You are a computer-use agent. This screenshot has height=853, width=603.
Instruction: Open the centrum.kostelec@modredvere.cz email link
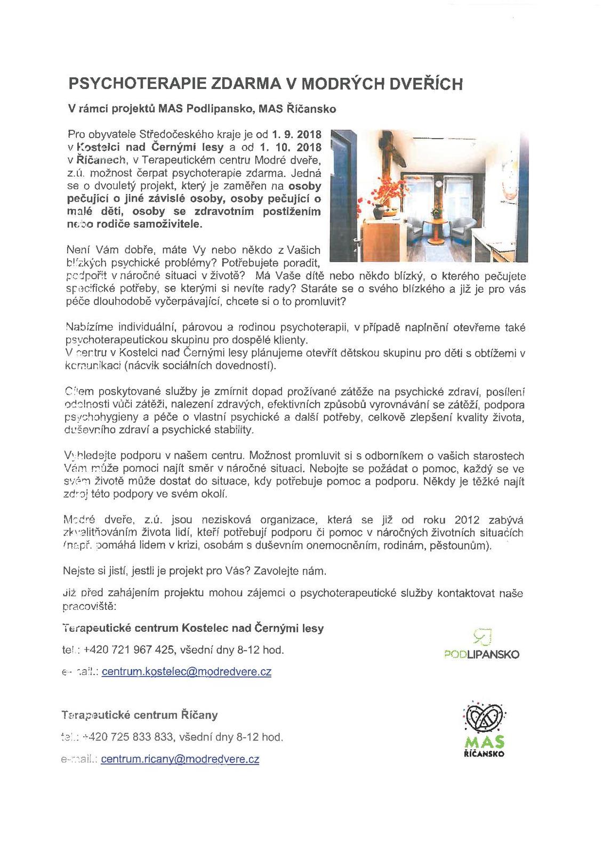tap(186, 672)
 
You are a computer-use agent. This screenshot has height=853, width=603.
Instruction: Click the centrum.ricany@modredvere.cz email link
tap(180, 759)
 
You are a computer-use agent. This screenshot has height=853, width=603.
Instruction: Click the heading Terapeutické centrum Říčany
tap(140, 715)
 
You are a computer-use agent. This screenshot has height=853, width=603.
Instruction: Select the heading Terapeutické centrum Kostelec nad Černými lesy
tap(193, 628)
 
